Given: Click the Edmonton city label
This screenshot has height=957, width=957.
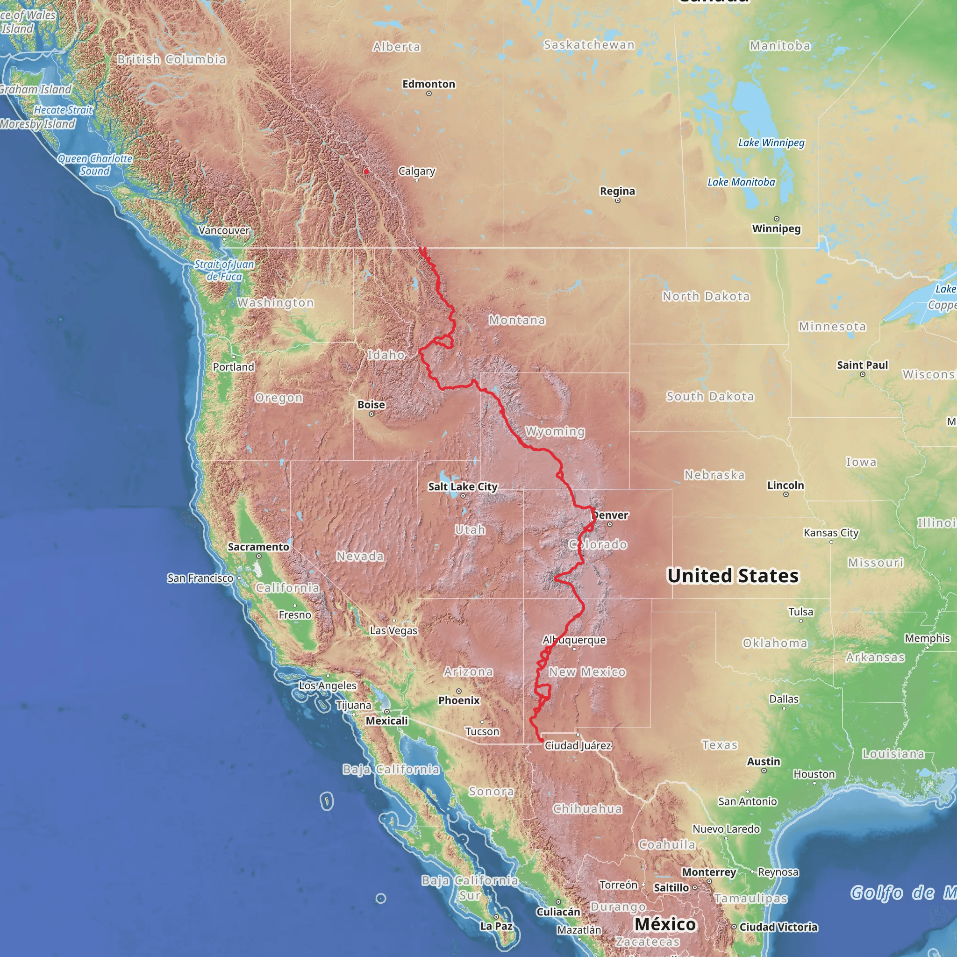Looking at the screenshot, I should pyautogui.click(x=429, y=84).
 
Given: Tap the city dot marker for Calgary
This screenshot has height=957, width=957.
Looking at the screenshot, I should pyautogui.click(x=416, y=180).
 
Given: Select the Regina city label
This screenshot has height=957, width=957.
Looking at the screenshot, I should pyautogui.click(x=617, y=191).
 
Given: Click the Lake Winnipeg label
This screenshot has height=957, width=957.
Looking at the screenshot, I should pyautogui.click(x=771, y=143).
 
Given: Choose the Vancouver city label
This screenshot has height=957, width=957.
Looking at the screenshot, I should pyautogui.click(x=224, y=230).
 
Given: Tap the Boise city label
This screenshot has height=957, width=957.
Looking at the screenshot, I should pyautogui.click(x=371, y=405).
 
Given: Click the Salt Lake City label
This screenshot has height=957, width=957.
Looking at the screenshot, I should pyautogui.click(x=463, y=486).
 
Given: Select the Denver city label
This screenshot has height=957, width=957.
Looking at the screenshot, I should pyautogui.click(x=610, y=515).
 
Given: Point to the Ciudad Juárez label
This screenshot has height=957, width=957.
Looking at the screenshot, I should pyautogui.click(x=578, y=745).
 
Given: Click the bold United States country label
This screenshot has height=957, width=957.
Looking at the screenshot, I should pyautogui.click(x=733, y=576).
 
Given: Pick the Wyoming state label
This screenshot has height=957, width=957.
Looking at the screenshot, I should pyautogui.click(x=555, y=431).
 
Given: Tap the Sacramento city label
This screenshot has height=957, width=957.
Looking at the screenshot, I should pyautogui.click(x=258, y=547).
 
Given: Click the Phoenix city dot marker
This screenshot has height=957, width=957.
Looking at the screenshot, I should pyautogui.click(x=459, y=691).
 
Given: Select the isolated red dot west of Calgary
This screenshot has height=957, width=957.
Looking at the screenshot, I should pyautogui.click(x=366, y=172).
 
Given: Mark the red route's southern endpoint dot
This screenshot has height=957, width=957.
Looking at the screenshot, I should pyautogui.click(x=541, y=741).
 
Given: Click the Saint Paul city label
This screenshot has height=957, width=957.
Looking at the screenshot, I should pyautogui.click(x=863, y=365).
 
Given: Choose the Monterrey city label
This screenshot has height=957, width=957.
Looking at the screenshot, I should pyautogui.click(x=709, y=872).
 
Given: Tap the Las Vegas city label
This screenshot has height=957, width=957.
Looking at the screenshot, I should pyautogui.click(x=394, y=630).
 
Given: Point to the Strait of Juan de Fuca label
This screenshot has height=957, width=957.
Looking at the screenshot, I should pyautogui.click(x=224, y=271).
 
